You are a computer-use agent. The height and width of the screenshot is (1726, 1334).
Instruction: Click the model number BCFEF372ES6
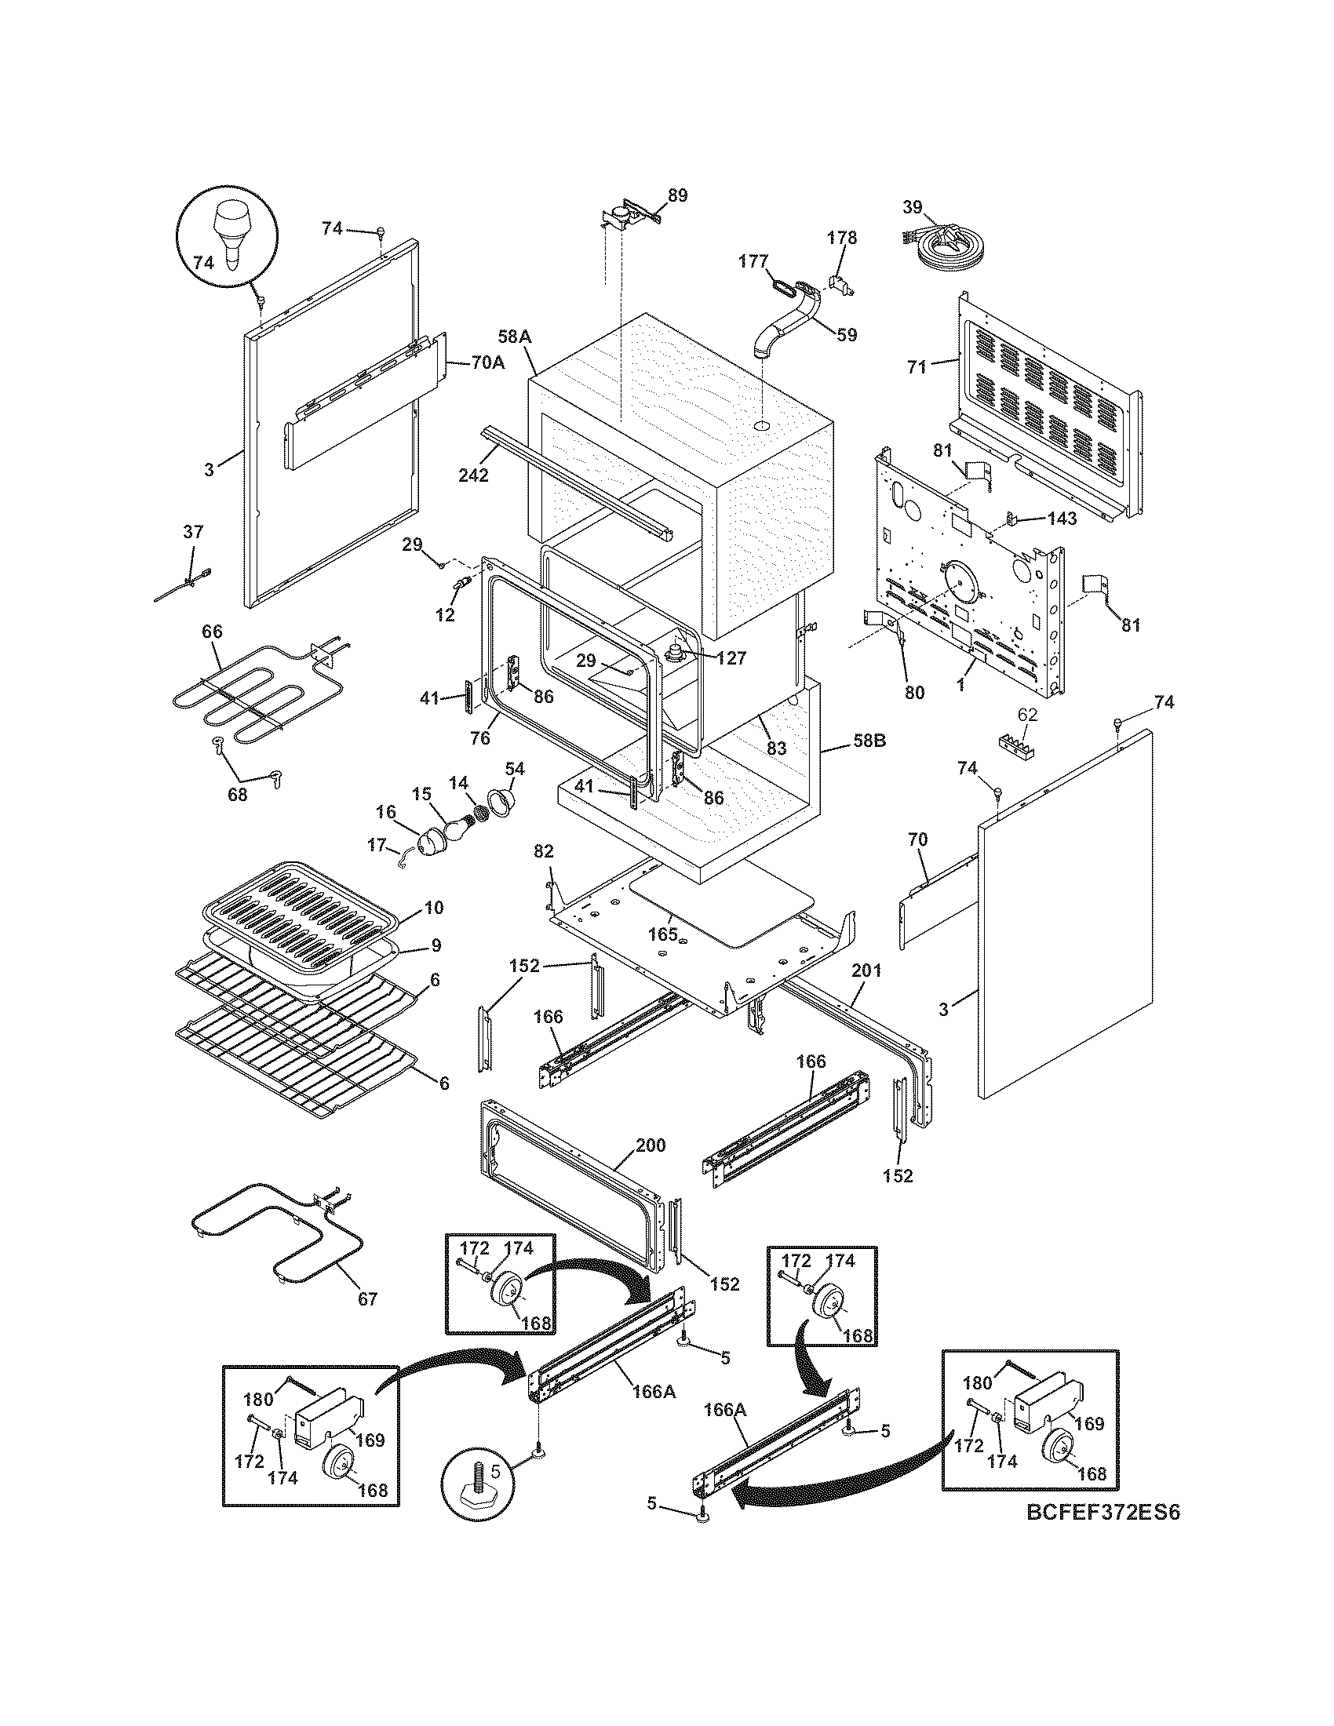click(1103, 1512)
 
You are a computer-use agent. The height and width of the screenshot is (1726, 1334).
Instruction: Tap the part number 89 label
click(677, 195)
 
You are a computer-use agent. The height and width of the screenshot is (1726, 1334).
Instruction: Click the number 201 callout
click(866, 970)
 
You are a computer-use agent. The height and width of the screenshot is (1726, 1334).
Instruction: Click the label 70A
click(487, 363)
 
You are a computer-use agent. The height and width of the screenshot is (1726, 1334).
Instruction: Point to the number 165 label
click(662, 934)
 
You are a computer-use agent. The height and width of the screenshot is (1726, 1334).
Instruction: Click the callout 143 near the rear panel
click(1062, 519)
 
